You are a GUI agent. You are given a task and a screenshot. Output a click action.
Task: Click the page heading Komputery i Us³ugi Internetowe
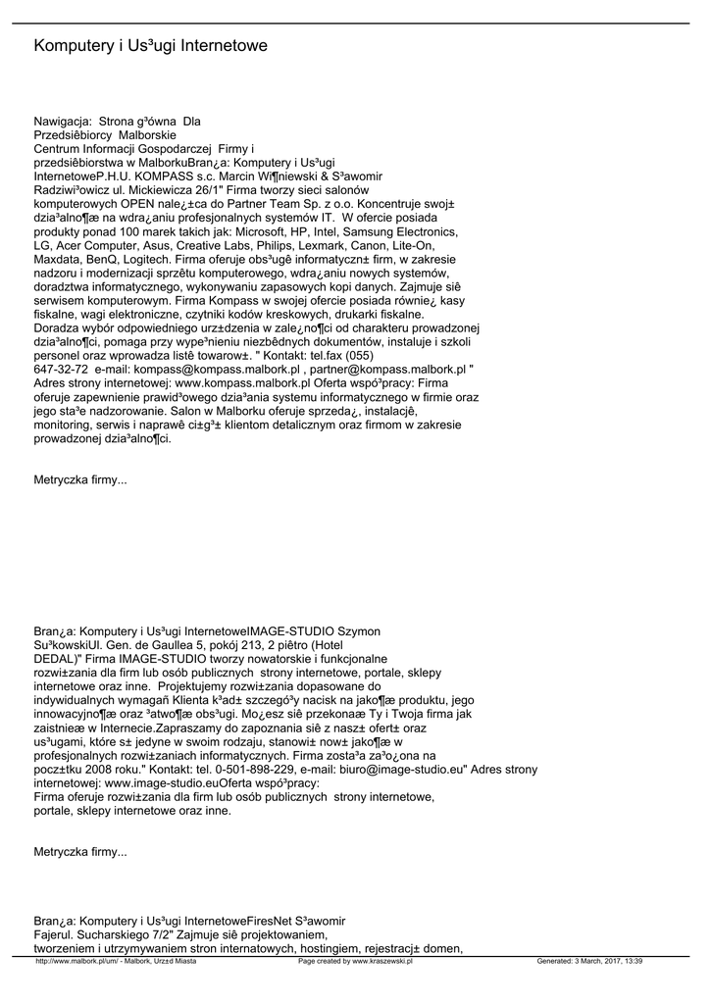tap(150, 46)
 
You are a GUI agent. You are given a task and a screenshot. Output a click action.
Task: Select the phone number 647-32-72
tap(62, 369)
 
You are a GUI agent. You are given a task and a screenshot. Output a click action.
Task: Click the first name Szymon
tap(359, 630)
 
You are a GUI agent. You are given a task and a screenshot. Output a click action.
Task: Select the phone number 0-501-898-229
tap(242, 770)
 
